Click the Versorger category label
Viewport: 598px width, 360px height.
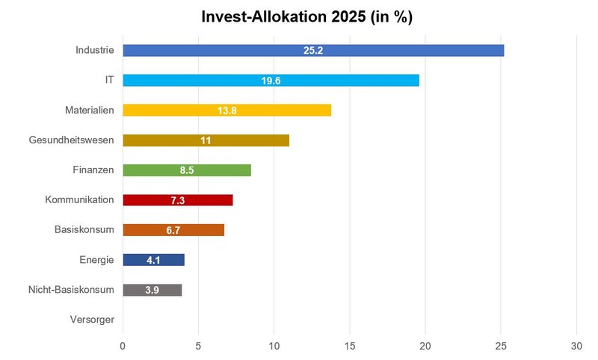[x=92, y=320]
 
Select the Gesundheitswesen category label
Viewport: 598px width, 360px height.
[x=71, y=140]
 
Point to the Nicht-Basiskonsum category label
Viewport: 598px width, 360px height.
[x=70, y=290]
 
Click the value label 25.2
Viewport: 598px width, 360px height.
[x=313, y=51]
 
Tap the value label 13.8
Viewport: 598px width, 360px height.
[x=227, y=111]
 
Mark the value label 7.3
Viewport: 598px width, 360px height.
[x=178, y=200]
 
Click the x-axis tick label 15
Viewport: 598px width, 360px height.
[x=349, y=347]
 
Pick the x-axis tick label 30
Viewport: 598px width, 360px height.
[x=576, y=347]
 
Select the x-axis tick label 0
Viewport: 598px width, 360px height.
[x=123, y=347]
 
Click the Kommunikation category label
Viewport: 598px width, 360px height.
[x=79, y=200]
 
